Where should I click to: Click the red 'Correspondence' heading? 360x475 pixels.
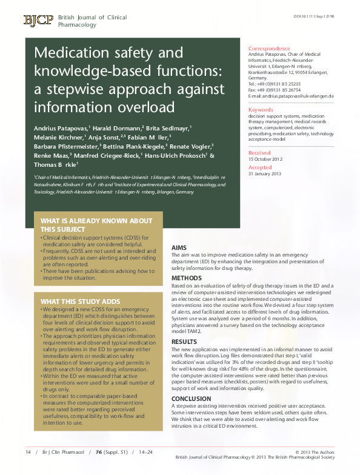tap(269, 49)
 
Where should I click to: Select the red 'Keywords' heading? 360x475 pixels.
tap(261, 110)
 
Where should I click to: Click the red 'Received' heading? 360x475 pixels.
tap(260, 153)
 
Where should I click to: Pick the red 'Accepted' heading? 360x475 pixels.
tap(261, 167)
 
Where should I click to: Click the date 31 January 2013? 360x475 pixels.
tap(265, 173)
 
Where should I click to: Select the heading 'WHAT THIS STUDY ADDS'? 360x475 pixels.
tap(81, 302)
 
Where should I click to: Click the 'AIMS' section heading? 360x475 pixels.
tap(179, 248)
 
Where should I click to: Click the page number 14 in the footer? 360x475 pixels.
tap(28, 452)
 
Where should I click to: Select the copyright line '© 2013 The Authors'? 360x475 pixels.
tap(315, 452)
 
